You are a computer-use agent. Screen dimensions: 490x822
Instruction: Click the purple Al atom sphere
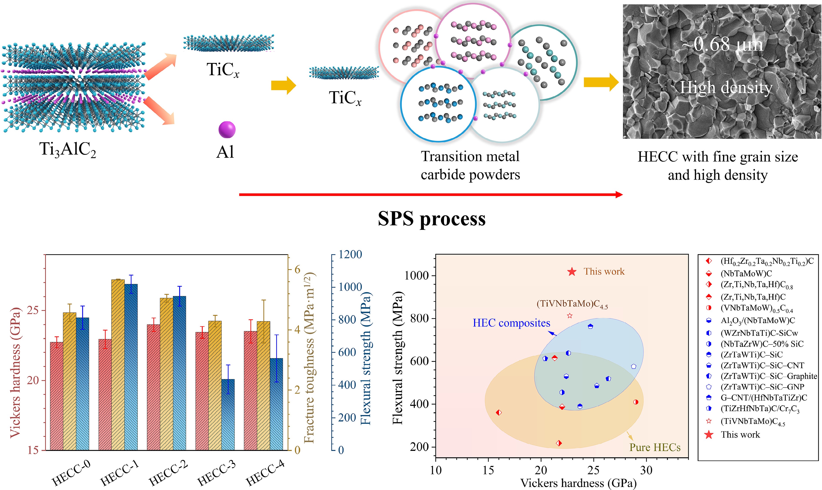tap(227, 129)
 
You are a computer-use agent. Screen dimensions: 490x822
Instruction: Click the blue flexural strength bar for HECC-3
tap(228, 414)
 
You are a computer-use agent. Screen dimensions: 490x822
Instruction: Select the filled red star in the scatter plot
tap(572, 272)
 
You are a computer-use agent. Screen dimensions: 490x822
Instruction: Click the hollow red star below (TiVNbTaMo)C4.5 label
tap(570, 316)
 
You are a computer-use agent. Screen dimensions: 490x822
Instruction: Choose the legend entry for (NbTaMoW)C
tap(746, 273)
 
